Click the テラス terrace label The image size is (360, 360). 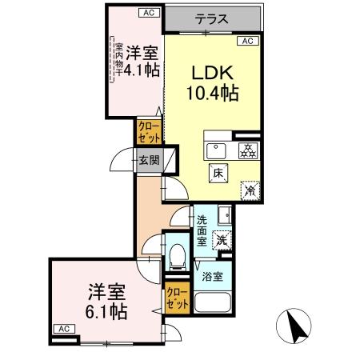tap(213, 19)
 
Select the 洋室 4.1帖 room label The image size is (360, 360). tap(140, 62)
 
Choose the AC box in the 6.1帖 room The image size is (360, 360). tap(62, 329)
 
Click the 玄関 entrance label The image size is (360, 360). tap(149, 159)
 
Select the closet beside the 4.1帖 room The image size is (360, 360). tap(150, 130)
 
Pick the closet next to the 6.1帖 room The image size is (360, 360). tap(177, 301)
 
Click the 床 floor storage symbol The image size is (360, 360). tap(217, 171)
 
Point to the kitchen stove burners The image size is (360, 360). tap(248, 150)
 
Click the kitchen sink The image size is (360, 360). tap(216, 150)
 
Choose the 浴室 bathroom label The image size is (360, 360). tap(214, 277)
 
